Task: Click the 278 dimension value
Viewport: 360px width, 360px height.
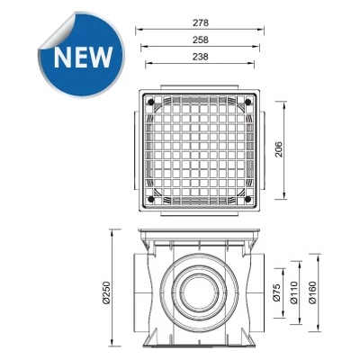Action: click(201, 22)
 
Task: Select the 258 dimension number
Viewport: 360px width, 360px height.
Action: click(201, 40)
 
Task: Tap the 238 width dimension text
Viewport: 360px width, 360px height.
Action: click(201, 57)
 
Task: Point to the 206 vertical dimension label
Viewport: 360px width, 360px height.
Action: click(279, 149)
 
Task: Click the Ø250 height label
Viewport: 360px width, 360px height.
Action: click(106, 293)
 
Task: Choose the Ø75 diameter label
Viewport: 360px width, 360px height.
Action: click(276, 292)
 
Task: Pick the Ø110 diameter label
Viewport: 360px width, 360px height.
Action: click(294, 292)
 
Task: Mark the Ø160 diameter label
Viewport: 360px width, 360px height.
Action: click(312, 292)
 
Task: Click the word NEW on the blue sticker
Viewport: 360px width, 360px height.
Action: click(83, 57)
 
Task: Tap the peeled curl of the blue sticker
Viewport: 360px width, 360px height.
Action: click(57, 31)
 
